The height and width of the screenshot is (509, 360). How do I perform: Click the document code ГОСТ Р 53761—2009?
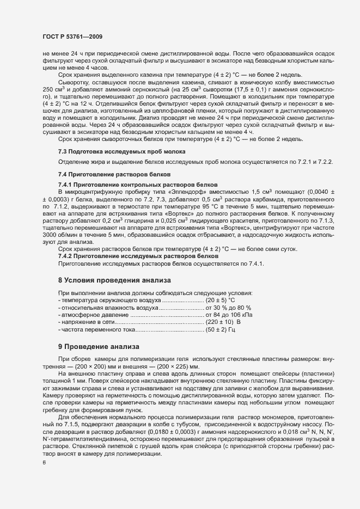72,36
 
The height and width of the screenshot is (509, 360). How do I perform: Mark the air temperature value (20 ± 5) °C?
220,301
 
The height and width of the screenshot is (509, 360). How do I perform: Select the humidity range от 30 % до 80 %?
228,308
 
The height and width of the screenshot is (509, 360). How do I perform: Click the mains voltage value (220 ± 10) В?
223,323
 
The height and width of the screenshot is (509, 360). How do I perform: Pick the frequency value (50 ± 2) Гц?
219,330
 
